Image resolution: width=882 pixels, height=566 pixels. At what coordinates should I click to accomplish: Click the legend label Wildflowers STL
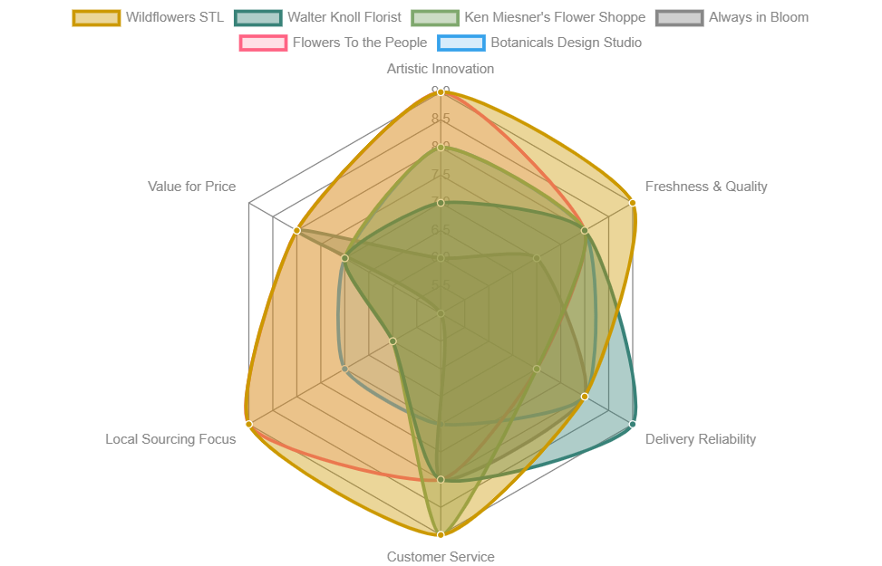point(174,17)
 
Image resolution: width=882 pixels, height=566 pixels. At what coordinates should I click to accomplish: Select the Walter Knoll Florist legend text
point(344,17)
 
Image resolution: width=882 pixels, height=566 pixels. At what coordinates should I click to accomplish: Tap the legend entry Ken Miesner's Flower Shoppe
point(554,17)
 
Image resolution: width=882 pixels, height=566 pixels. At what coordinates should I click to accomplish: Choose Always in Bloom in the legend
point(758,17)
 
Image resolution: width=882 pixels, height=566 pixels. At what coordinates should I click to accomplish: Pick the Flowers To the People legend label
point(359,43)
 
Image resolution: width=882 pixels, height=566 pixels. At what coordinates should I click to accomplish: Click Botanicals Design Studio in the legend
point(566,43)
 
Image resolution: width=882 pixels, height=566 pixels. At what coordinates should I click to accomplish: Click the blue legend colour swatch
point(460,43)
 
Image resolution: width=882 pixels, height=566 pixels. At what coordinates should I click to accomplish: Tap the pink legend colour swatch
point(262,43)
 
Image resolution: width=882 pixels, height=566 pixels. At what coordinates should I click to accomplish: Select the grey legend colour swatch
point(679,17)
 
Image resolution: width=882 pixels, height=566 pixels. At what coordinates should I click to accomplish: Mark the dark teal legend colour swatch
point(257,17)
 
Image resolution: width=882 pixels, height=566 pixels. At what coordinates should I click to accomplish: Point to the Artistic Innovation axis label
point(441,69)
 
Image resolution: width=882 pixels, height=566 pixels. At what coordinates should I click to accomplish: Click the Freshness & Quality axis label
point(705,187)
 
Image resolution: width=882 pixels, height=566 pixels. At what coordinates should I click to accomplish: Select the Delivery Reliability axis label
point(700,439)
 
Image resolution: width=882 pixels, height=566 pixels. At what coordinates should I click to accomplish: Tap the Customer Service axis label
point(441,557)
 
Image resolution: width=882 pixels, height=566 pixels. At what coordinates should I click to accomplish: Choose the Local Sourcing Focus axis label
point(170,439)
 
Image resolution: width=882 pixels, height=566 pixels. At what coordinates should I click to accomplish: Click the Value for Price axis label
point(191,187)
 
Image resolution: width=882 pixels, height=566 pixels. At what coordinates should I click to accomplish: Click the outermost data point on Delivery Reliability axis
point(633,424)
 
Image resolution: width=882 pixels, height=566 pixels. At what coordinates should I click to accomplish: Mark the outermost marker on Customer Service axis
point(441,535)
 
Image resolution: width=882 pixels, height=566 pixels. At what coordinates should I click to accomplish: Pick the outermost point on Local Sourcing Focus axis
point(248,424)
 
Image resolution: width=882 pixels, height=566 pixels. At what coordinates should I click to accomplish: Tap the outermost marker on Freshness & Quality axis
point(633,203)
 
